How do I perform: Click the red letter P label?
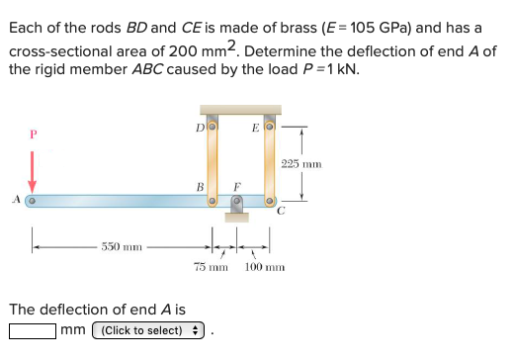tap(32, 134)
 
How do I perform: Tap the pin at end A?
tap(32, 200)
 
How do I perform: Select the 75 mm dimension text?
tap(210, 268)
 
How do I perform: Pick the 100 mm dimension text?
tap(265, 268)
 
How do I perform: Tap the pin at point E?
tap(269, 127)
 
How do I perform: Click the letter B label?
tap(200, 185)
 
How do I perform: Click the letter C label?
tap(280, 211)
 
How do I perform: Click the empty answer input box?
tap(32, 330)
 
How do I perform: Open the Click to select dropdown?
tap(147, 330)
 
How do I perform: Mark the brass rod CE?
tap(269, 163)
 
